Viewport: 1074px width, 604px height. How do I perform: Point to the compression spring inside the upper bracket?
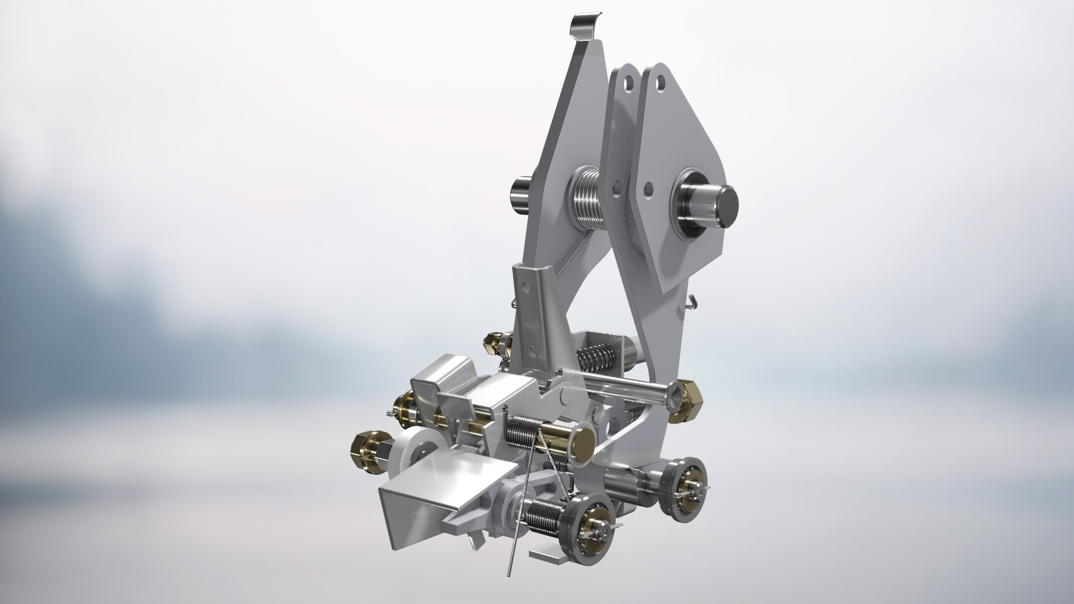(594, 356)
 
